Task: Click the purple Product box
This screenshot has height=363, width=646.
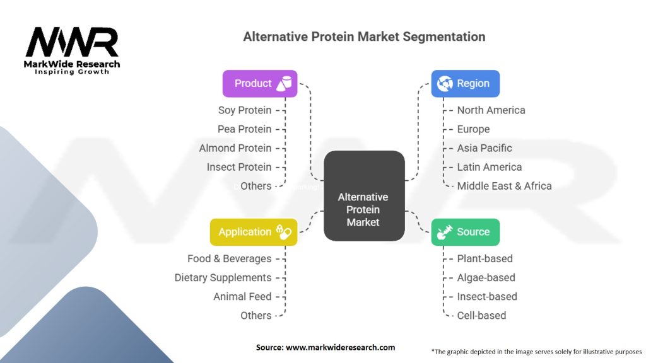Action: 259,84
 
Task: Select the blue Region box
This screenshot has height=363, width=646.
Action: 465,84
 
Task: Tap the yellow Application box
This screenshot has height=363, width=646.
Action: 254,232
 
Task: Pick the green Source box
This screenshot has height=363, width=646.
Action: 465,232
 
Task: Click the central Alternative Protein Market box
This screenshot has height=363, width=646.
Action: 364,196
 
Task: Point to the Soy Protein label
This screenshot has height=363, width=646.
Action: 245,110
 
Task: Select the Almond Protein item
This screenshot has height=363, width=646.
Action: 235,148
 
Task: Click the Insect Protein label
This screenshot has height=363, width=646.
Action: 239,167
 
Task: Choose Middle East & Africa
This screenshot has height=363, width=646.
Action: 504,186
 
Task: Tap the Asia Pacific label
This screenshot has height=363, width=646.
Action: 484,148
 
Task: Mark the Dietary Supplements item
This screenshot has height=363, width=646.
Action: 223,278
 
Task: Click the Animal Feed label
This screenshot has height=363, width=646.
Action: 242,297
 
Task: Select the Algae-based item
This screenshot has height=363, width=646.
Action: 486,278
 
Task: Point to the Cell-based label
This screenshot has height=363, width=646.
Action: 481,316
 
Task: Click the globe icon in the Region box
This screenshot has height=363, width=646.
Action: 445,84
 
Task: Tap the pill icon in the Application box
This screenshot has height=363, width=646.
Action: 284,232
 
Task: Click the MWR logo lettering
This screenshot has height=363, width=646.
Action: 72,42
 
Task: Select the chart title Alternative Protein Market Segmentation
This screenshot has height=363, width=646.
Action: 364,37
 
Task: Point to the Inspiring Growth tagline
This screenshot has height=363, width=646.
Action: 72,72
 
